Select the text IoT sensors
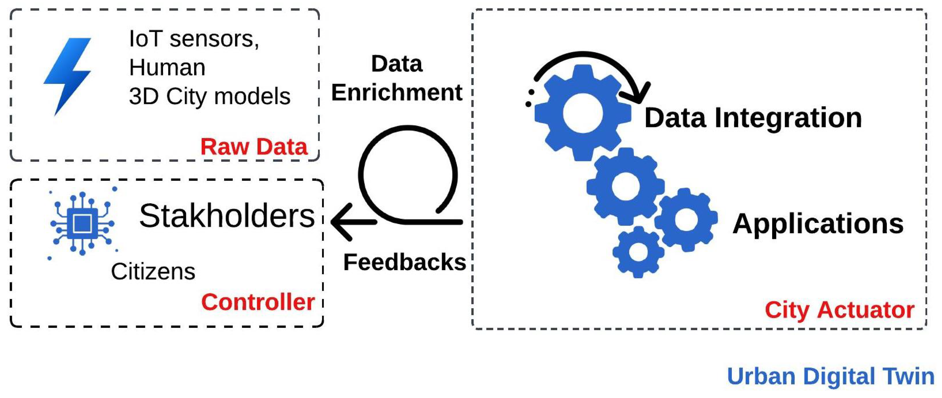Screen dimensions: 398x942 tap(194, 39)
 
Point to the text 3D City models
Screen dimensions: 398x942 tap(210, 97)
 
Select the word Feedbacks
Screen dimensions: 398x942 tap(404, 262)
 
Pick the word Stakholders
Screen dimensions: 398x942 tap(227, 216)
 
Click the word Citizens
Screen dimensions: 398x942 tap(153, 272)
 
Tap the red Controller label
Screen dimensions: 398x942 tap(258, 302)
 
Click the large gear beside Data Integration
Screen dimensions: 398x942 tap(582, 113)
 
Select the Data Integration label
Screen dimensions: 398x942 tap(753, 118)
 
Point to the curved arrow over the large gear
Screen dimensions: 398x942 tap(592, 62)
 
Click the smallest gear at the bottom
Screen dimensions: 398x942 tap(638, 252)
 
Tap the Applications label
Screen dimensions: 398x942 tap(818, 224)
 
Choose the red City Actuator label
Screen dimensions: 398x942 tap(839, 310)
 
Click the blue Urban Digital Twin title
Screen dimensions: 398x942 tap(830, 376)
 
